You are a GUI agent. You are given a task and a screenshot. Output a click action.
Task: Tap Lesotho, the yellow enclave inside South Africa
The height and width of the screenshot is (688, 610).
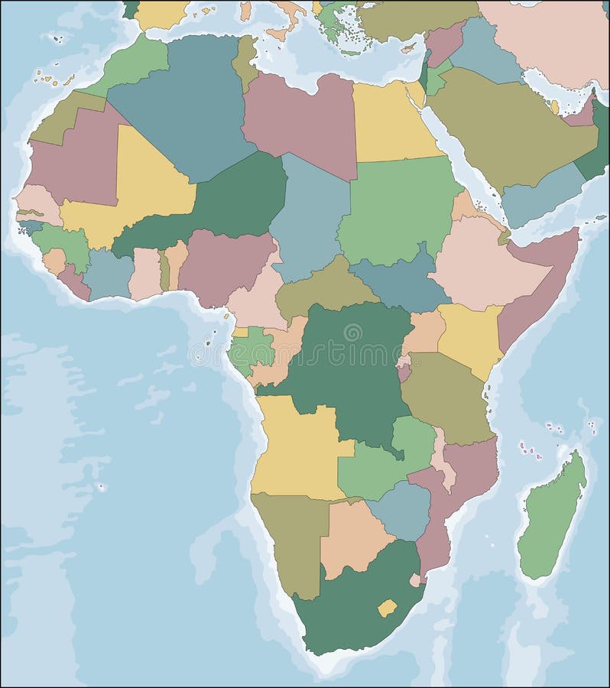coord(387,608)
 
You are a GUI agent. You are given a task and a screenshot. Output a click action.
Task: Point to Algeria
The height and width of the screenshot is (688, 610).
coord(183,107)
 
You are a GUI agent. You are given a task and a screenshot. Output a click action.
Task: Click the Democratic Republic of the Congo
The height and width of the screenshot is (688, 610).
coord(344,367)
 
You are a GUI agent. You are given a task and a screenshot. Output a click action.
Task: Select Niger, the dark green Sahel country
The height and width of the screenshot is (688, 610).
coord(229,199)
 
